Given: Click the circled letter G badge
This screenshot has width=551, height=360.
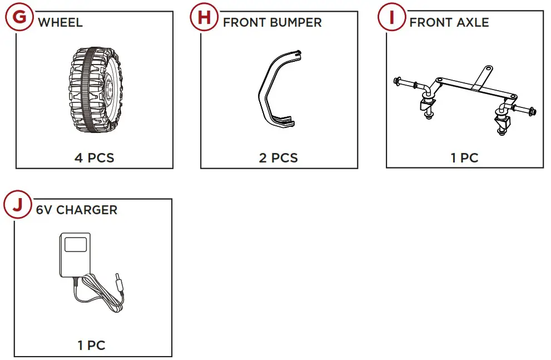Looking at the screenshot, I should click(19, 17).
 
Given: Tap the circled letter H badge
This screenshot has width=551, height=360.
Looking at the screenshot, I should click(205, 17).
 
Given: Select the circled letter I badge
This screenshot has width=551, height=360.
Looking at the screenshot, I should click(391, 17).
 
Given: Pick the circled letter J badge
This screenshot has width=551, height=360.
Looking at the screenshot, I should click(19, 205).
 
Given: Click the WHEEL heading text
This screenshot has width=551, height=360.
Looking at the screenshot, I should click(60, 23).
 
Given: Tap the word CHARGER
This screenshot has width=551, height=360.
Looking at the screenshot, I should click(87, 210).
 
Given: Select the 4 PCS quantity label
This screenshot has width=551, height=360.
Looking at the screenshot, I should click(95, 157).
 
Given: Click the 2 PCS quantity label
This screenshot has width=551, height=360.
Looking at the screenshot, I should click(279, 157).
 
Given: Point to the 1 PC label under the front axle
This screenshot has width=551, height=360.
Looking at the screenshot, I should click(465, 157).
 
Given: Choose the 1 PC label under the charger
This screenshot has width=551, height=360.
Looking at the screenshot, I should click(92, 346).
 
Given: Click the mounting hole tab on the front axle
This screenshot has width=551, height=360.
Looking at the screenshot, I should click(488, 69).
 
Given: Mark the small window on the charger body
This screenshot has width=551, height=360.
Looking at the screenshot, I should click(76, 244).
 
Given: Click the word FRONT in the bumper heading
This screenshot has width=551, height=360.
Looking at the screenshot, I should click(245, 23).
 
